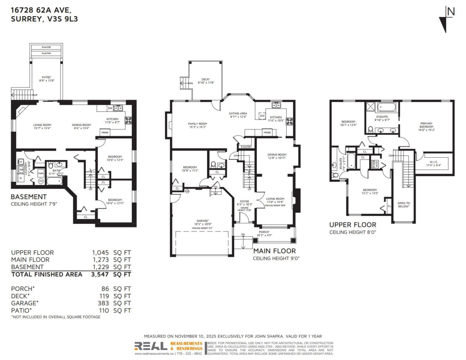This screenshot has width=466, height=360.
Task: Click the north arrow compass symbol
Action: click(446, 19)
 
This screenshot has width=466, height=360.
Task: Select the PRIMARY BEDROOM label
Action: click(426, 125)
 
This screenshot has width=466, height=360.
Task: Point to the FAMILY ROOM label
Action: click(197, 124)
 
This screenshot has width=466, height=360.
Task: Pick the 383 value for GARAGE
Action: click(104, 303)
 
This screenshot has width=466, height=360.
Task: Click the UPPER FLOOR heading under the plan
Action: click(353, 225)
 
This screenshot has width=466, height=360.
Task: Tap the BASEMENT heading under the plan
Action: click(29, 197)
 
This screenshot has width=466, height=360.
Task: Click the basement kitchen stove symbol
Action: click(128, 120)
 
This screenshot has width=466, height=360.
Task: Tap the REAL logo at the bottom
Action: click(151, 346)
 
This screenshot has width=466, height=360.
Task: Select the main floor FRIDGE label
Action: click(267, 133)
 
